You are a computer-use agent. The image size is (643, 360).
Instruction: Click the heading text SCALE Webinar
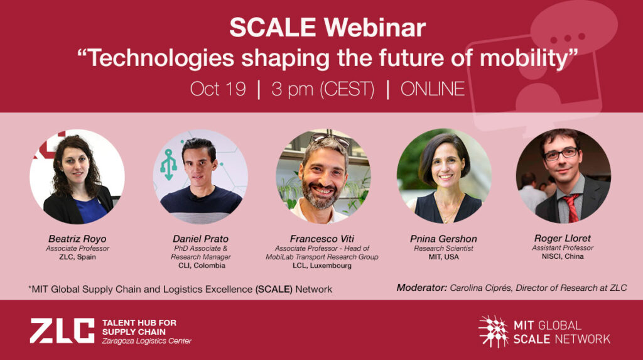327,28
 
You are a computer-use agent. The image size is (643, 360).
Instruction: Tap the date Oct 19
218,89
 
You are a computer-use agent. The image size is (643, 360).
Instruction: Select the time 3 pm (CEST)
323,89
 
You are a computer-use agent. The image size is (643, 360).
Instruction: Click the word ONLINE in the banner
433,89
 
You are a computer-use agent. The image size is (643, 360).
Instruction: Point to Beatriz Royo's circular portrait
77,177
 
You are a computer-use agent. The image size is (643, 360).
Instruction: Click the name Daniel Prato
200,239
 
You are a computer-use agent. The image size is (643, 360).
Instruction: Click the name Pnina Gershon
443,239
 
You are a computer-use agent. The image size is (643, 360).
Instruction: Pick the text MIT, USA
443,257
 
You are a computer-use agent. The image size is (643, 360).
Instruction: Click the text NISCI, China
563,256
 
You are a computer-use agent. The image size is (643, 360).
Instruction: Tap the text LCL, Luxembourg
322,266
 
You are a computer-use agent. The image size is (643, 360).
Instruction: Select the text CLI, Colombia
202,266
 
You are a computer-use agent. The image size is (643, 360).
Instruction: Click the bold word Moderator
421,288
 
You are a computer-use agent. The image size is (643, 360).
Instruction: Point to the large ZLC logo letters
62,330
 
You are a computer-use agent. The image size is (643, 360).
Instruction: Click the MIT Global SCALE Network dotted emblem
494,332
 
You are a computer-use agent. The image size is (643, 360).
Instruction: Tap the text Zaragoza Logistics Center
146,341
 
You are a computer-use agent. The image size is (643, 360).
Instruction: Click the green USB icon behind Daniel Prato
168,165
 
